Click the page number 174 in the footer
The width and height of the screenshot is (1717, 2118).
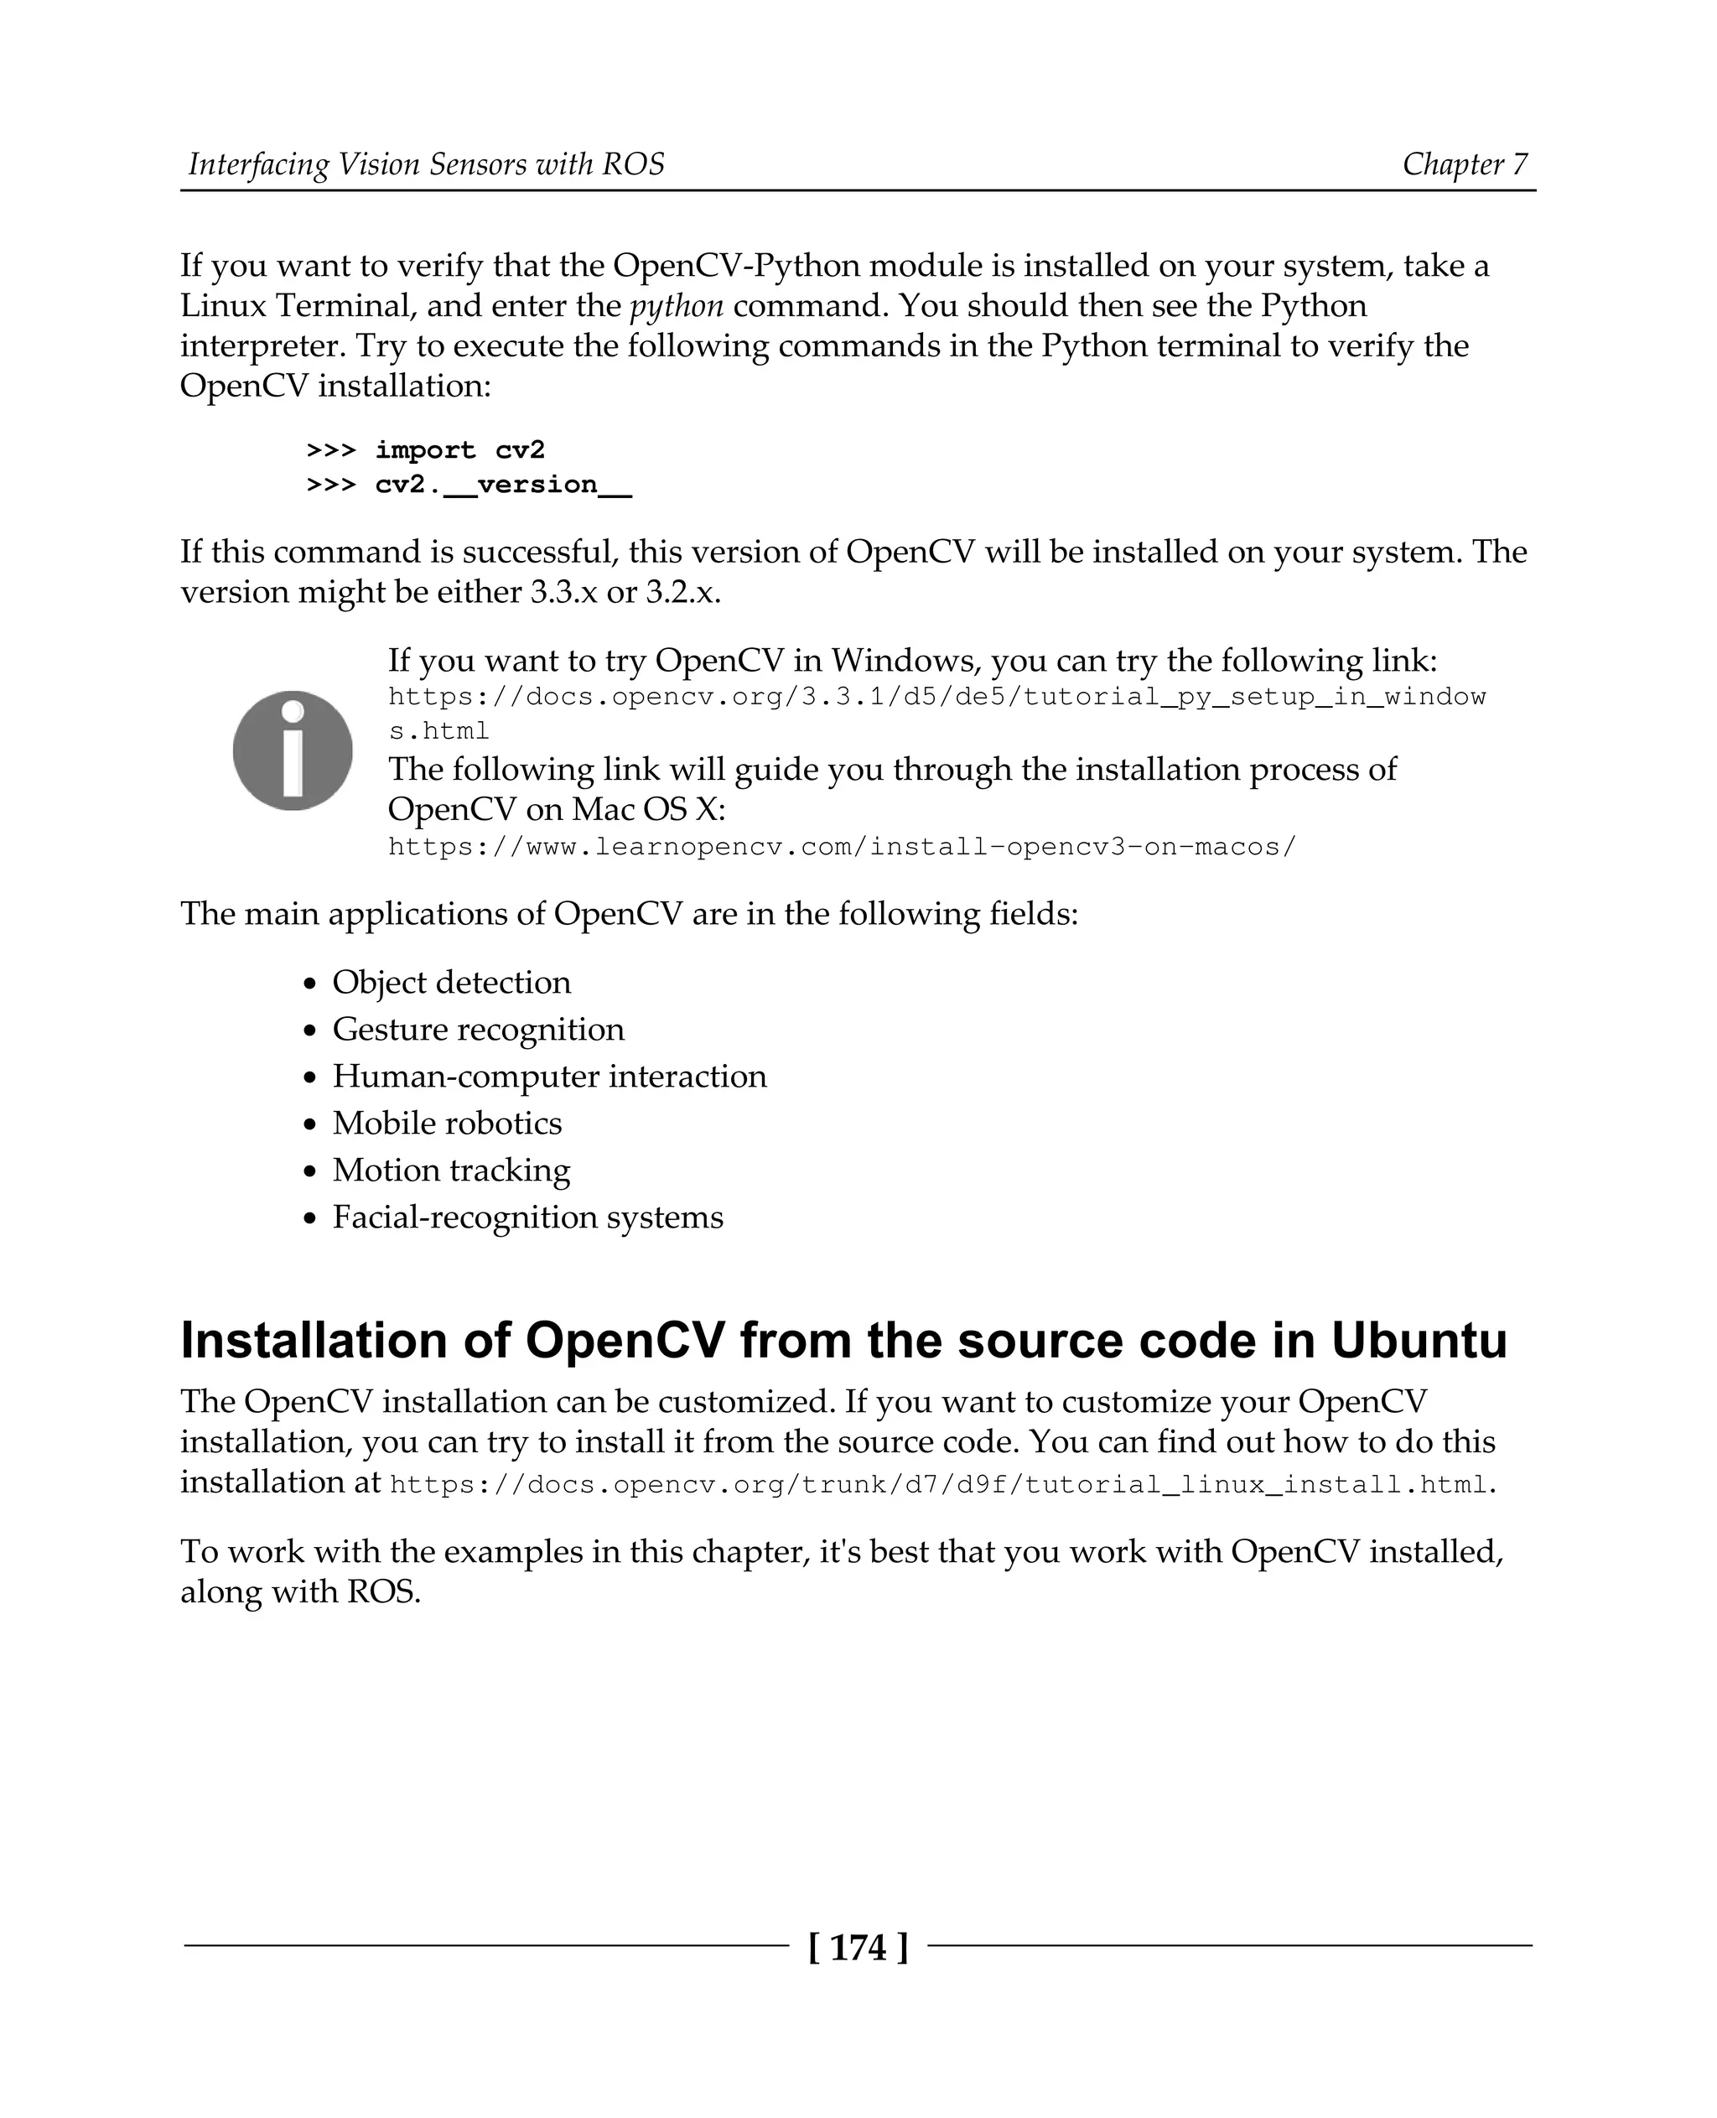(x=858, y=1947)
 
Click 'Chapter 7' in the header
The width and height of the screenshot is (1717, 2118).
(x=1465, y=164)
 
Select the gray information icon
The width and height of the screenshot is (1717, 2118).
(x=293, y=750)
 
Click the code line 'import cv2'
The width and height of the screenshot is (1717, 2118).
(x=460, y=450)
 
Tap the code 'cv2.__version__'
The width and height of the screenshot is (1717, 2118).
(x=503, y=485)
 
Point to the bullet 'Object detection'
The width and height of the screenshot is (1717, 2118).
(x=451, y=983)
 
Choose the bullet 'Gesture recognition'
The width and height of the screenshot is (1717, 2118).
(x=478, y=1029)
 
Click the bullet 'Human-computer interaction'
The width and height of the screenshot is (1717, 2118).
(x=549, y=1077)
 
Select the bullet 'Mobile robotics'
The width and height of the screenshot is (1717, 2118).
(x=447, y=1123)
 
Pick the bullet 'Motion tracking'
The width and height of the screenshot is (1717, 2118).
(x=451, y=1171)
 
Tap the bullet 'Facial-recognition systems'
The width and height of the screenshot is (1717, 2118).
(x=527, y=1217)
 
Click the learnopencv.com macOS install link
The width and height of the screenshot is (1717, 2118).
(x=842, y=848)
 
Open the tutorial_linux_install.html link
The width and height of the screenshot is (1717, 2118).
(x=939, y=1485)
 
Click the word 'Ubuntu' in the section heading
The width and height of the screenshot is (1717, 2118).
(x=1419, y=1341)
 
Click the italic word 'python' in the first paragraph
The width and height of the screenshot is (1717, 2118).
(x=677, y=306)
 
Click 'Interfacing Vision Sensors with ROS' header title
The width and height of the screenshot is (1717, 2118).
(x=426, y=164)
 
